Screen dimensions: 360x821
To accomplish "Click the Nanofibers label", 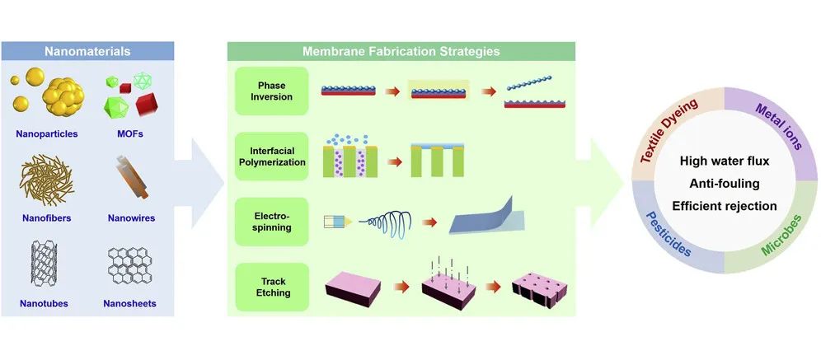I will tap(47, 218).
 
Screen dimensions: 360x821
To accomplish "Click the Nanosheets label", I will tap(130, 303).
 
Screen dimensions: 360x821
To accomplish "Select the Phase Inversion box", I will tap(271, 89).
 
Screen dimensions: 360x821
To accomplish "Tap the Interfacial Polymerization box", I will tap(271, 156).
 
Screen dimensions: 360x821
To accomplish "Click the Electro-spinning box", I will tap(271, 220).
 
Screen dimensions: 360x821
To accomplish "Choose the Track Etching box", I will tap(271, 286).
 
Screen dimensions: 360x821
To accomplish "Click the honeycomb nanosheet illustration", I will tap(132, 267).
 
